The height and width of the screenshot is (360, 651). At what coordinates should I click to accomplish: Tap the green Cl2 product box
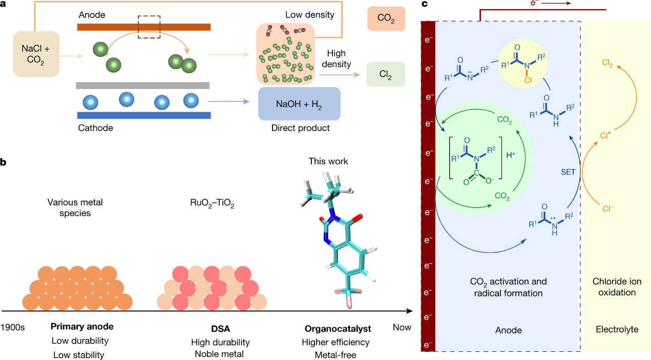[386, 74]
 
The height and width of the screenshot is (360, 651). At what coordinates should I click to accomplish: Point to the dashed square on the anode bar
[149, 26]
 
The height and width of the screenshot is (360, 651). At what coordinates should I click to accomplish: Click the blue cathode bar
[143, 115]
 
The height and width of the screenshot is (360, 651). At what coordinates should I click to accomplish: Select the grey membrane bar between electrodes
[142, 85]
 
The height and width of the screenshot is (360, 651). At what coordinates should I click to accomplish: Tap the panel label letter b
[4, 162]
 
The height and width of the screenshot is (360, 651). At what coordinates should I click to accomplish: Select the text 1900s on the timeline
[13, 327]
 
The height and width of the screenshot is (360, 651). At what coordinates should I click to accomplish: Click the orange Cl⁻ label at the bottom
[607, 208]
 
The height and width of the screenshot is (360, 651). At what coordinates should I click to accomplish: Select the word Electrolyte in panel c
[617, 330]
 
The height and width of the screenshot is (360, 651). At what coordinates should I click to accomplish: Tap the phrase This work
[328, 161]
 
